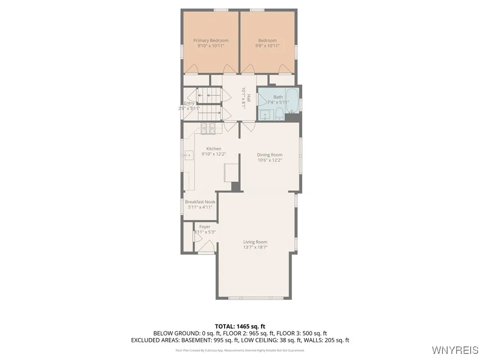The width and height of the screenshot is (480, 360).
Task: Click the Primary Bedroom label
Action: (210, 41)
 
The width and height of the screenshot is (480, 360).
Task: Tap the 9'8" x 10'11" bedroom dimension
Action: (267, 46)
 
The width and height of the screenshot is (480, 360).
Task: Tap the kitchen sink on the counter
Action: (189, 154)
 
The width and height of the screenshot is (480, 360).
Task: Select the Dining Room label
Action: (270, 155)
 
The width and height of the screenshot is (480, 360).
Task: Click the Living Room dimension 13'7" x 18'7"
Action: (255, 247)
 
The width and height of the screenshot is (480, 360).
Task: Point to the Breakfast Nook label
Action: (200, 202)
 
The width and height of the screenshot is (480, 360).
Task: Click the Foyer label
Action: (205, 227)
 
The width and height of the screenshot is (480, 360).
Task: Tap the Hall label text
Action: (249, 98)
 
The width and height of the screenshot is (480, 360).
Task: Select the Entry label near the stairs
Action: (189, 103)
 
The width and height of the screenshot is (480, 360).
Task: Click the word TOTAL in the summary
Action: (225, 326)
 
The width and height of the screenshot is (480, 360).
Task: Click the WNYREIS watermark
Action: (454, 350)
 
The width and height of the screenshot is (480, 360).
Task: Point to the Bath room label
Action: (278, 97)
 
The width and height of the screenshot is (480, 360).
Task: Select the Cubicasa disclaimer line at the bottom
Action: (240, 350)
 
